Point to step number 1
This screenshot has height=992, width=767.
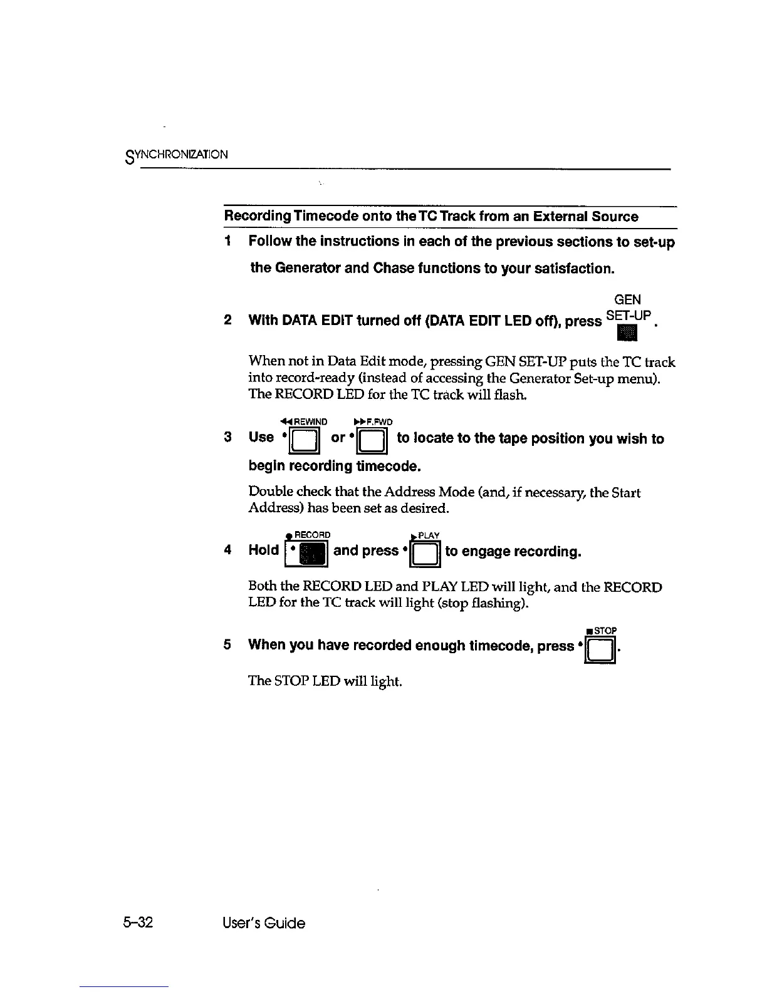point(229,241)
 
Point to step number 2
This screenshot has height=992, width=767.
point(229,321)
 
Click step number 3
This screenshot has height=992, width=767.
point(229,437)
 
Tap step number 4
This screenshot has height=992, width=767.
point(229,550)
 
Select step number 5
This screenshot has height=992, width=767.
point(229,644)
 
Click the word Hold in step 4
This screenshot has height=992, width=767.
point(264,550)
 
